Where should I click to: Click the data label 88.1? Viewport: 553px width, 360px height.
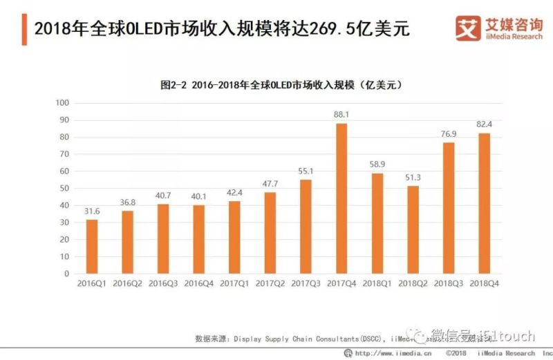[341, 115]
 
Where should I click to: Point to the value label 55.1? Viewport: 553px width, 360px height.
[306, 171]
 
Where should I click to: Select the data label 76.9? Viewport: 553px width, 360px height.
[449, 133]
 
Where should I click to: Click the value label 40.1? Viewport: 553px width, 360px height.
[199, 196]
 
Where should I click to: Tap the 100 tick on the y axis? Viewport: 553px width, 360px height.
[63, 103]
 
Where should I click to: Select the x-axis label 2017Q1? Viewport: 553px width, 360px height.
[234, 284]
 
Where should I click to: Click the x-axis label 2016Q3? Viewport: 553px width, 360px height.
[163, 284]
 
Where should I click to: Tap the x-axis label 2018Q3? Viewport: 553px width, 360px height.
[449, 284]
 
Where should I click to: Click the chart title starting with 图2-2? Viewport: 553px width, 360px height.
[281, 85]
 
